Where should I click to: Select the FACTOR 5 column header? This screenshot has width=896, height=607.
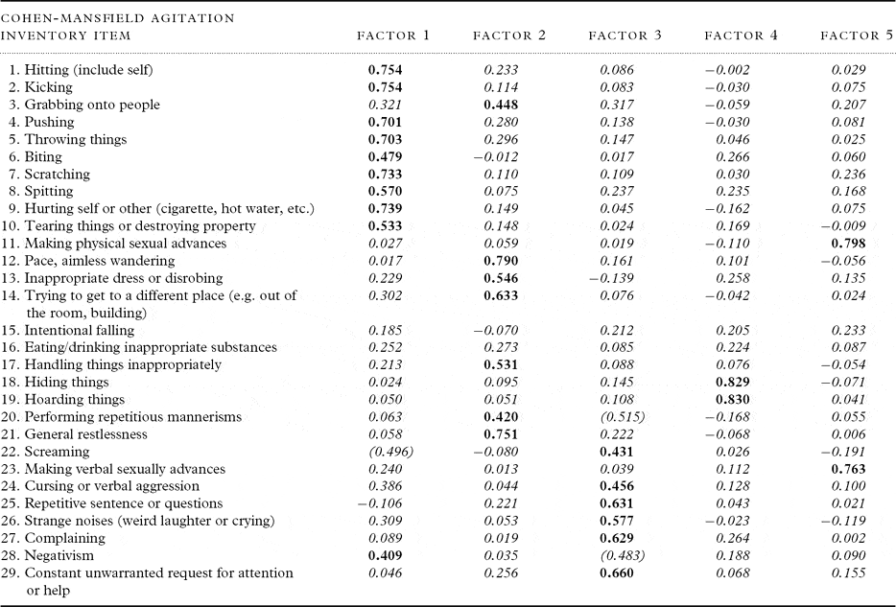click(x=857, y=36)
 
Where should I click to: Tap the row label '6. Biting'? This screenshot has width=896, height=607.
click(x=35, y=156)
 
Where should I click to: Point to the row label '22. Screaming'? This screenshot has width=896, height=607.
click(x=48, y=452)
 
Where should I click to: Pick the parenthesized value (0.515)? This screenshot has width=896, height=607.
click(x=618, y=416)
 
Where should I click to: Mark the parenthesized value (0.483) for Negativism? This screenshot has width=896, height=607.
click(x=618, y=555)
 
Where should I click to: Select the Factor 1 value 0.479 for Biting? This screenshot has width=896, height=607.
click(x=386, y=156)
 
